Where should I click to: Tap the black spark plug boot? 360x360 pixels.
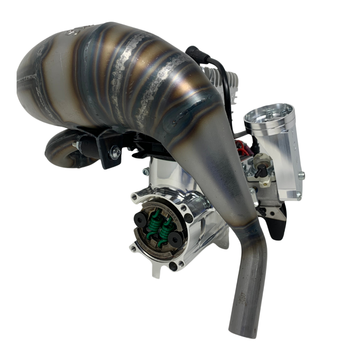coord(193,52)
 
